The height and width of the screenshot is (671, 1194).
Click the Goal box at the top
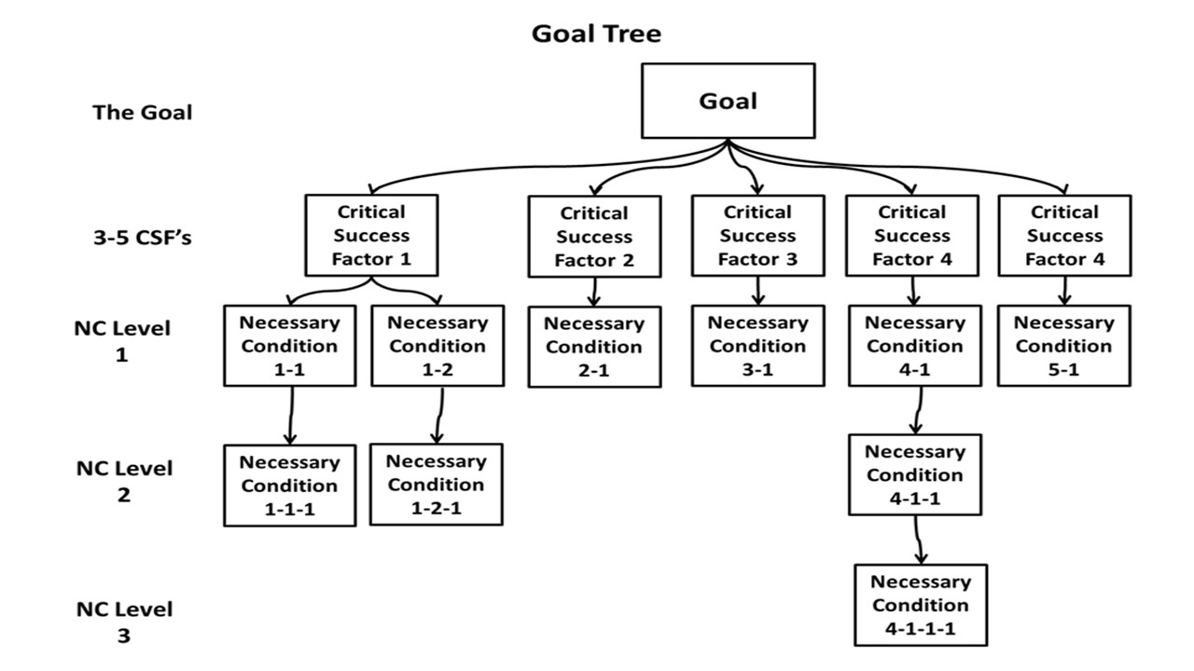pos(728,101)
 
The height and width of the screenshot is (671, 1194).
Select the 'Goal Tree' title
pos(596,34)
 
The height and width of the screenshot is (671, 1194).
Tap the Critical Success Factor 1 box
pos(371,236)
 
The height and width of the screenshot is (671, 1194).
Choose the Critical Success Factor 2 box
pos(594,237)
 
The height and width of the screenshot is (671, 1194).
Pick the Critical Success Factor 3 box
pos(757,236)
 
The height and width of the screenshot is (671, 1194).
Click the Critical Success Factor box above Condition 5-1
pos(1064,236)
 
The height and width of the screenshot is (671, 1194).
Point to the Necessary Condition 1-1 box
pos(289,346)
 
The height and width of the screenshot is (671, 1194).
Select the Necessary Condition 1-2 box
pos(437,346)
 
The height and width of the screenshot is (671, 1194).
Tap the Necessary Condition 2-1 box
pos(594,347)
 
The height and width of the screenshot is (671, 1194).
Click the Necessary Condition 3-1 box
pos(757,346)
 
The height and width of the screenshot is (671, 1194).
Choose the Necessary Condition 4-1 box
pos(914,346)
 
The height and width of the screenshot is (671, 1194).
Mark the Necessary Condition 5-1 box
pos(1063,346)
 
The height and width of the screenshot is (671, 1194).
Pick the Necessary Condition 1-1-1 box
pos(289,486)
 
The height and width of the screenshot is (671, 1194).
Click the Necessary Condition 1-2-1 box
pos(437,485)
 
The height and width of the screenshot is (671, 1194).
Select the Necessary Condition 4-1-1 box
pos(914,474)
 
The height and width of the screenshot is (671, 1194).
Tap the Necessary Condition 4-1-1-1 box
pos(921,605)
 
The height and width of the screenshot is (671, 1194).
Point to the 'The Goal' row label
pos(143,113)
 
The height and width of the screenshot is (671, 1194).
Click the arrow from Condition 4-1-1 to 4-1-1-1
pos(919,540)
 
